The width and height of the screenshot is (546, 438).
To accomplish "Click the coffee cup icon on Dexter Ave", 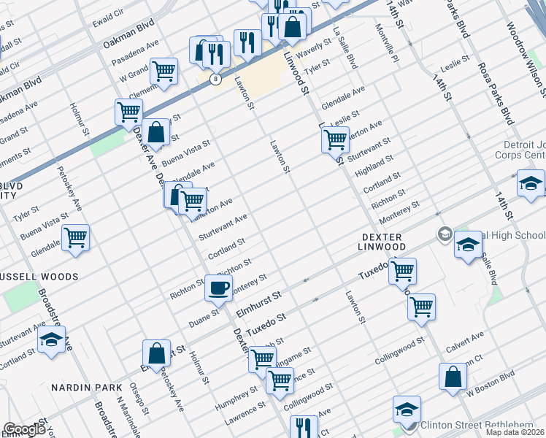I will pyautogui.click(x=218, y=288).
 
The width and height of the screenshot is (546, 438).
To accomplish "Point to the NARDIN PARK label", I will pyautogui.click(x=87, y=386).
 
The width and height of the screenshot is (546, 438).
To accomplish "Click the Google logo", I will pyautogui.click(x=24, y=429).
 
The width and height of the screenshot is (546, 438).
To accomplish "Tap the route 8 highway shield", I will pyautogui.click(x=215, y=79).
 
